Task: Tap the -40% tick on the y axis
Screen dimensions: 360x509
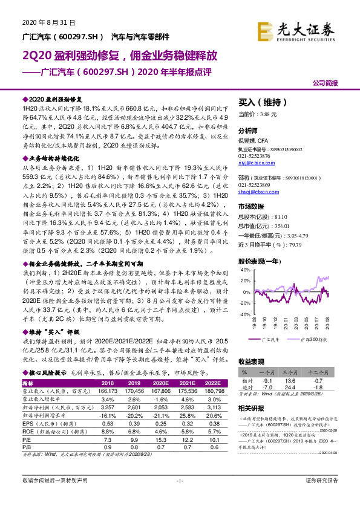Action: pyautogui.click(x=244, y=314)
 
